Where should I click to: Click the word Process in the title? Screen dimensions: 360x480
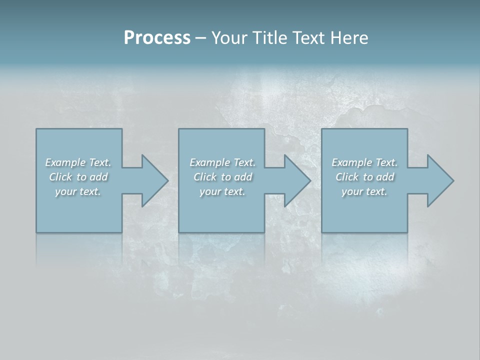[x=157, y=38]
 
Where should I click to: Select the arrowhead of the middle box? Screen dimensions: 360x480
[x=297, y=181]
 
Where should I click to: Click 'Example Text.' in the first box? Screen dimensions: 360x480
[x=78, y=162]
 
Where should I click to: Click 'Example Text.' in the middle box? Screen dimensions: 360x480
[x=222, y=162]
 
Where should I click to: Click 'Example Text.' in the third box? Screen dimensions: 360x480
[x=364, y=162]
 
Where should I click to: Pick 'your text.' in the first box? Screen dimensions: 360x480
[x=78, y=191]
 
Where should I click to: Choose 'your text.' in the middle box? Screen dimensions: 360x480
[x=222, y=191]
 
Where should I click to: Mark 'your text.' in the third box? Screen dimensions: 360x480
[x=364, y=191]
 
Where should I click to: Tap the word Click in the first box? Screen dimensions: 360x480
[x=60, y=177]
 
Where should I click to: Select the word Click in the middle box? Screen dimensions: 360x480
[x=205, y=177]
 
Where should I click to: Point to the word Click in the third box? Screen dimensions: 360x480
[x=347, y=177]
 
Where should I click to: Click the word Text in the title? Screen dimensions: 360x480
[x=308, y=38]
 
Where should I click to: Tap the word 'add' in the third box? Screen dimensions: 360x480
[x=385, y=177]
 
